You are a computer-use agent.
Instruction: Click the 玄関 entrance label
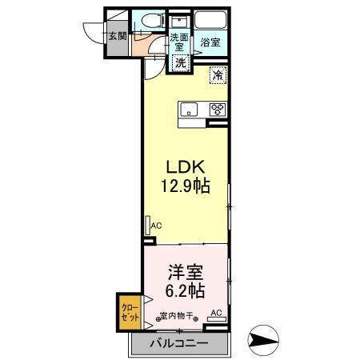[118, 36]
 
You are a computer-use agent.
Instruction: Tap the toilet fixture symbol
[153, 21]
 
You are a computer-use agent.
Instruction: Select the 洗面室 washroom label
[179, 42]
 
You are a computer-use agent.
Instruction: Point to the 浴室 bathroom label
[210, 42]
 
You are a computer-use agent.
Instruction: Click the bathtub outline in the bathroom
[210, 19]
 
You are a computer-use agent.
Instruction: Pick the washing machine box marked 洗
[181, 63]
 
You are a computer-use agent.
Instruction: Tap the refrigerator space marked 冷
[218, 75]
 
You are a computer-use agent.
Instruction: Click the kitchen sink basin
[189, 110]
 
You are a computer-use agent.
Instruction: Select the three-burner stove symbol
[218, 110]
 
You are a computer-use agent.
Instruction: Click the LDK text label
[186, 167]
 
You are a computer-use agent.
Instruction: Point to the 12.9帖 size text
[186, 186]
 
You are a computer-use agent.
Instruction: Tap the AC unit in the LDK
[148, 226]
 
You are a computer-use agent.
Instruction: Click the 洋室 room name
[185, 272]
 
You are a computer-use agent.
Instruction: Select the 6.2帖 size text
[185, 290]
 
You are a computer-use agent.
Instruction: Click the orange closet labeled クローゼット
[130, 312]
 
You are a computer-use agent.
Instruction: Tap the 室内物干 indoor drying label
[177, 316]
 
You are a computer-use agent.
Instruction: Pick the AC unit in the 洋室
[217, 319]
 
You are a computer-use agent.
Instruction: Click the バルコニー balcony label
[178, 342]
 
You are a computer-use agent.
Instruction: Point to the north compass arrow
[263, 341]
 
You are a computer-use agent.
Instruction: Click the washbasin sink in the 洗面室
[179, 22]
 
